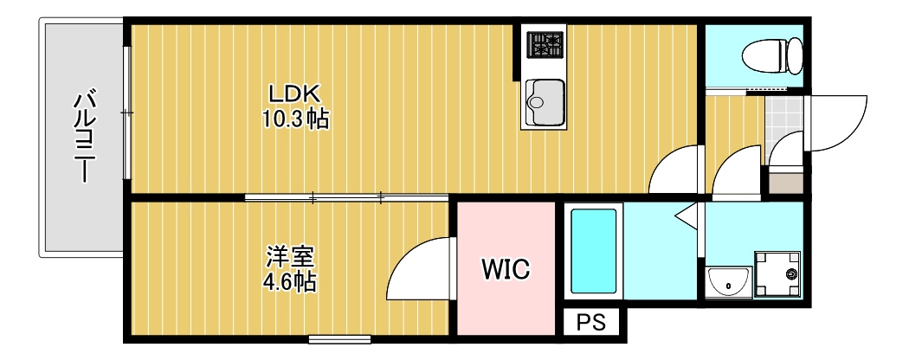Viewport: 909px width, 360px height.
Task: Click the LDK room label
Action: coord(293,93)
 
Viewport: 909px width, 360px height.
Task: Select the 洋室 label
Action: coord(290,257)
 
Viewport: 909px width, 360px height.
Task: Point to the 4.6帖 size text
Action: coord(290,282)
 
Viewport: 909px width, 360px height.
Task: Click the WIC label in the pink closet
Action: coord(506,268)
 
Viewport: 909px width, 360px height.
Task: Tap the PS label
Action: coord(590,322)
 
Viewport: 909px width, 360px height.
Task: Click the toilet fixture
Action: coord(773,55)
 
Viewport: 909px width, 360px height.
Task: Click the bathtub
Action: coord(593,251)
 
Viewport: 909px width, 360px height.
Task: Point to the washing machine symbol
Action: coord(777,274)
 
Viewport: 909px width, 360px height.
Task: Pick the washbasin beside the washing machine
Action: coord(729,282)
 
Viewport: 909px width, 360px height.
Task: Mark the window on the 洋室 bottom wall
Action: coord(339,339)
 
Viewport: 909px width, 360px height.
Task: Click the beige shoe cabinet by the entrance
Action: coord(786,183)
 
